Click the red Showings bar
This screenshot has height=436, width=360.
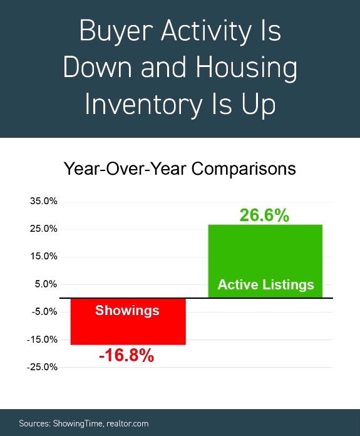pos(128,321)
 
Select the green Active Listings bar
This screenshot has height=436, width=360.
pos(265,261)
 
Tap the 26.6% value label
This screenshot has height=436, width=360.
pos(264,215)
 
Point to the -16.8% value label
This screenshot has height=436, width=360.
pos(126,355)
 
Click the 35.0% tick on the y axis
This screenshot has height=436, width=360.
pos(44,201)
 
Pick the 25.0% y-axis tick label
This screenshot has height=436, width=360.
pos(44,229)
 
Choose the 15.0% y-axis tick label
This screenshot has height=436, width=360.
pos(44,256)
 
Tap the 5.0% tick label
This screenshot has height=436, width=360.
pos(46,284)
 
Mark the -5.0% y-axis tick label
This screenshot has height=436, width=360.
pos(44,312)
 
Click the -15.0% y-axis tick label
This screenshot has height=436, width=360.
pos(42,340)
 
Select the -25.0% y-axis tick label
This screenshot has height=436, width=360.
pos(42,367)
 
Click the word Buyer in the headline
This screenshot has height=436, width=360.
pos(116,32)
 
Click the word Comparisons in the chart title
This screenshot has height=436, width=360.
pos(244,169)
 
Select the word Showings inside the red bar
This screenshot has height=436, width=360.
pos(127,311)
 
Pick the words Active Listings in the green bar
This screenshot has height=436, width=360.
pos(265,285)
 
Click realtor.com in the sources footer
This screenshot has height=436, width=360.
pos(127,423)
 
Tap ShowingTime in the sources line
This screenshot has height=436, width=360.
pos(78,423)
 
